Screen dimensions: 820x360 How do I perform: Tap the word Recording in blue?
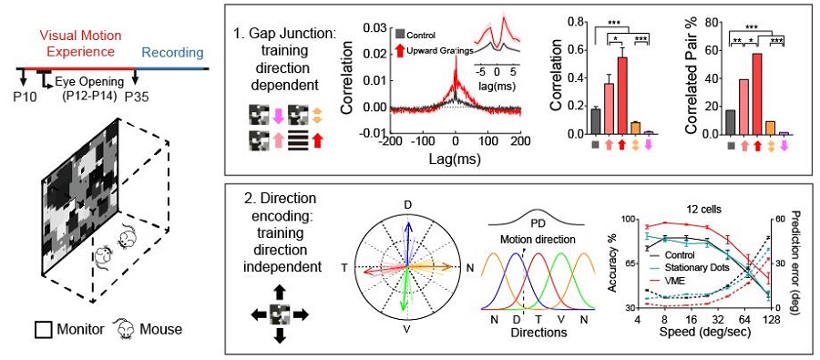(x=172, y=52)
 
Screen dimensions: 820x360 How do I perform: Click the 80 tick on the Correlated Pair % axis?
(x=710, y=22)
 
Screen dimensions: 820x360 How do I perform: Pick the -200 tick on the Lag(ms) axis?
(x=390, y=142)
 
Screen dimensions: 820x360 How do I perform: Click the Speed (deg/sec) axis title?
(x=706, y=332)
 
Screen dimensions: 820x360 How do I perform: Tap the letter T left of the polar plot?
(x=344, y=267)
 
